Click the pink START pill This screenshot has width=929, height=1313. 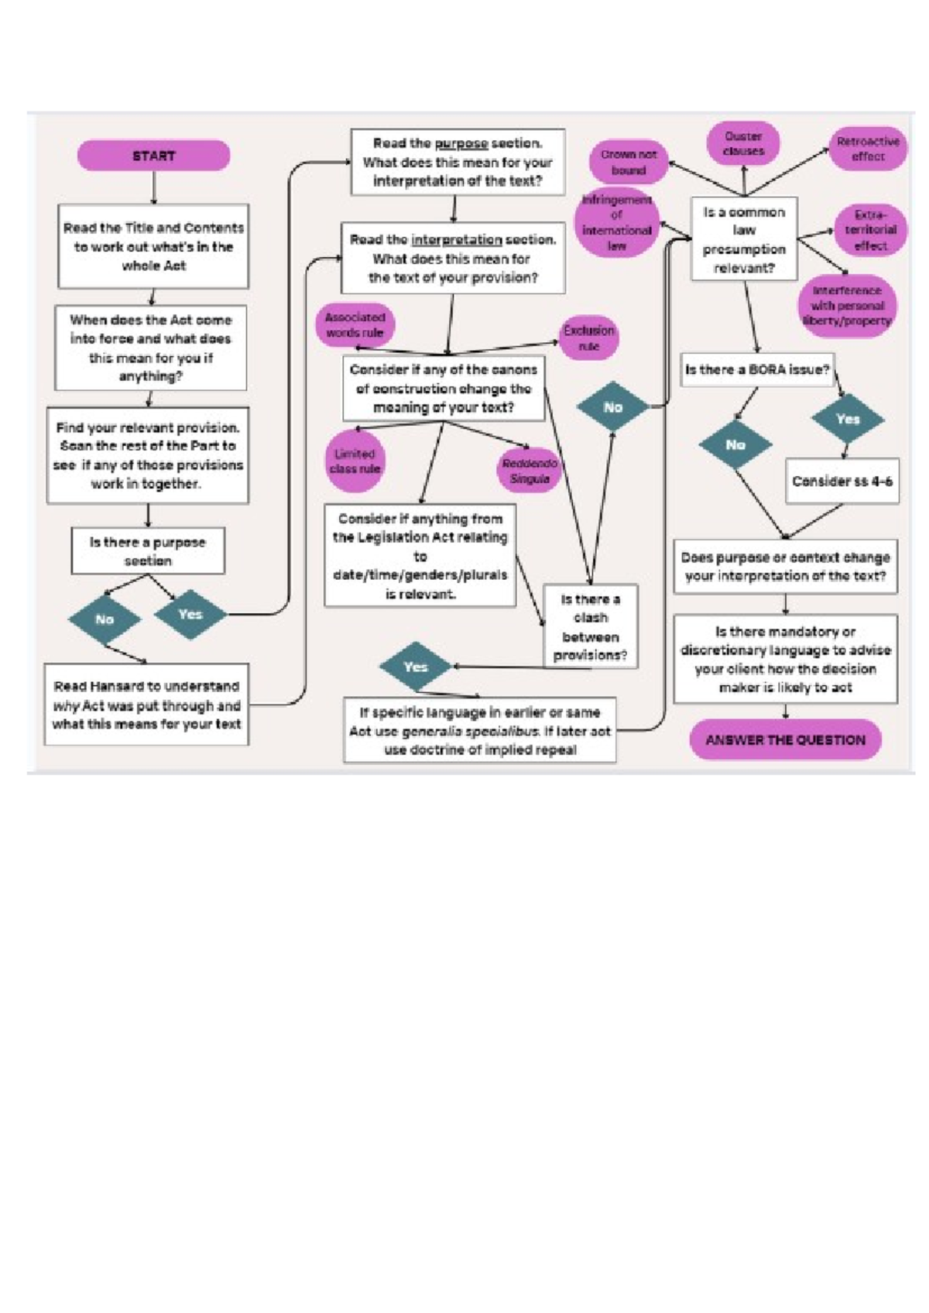click(x=153, y=156)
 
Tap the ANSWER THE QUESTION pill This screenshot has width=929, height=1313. click(x=785, y=739)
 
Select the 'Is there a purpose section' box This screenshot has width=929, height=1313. click(x=147, y=551)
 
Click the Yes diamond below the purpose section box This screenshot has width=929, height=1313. click(x=190, y=614)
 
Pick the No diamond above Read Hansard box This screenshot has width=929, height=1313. click(x=105, y=619)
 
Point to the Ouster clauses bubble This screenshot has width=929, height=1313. click(x=743, y=144)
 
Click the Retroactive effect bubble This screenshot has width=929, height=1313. click(x=868, y=149)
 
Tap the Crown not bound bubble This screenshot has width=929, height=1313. click(x=628, y=162)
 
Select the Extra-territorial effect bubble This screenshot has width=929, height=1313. click(x=870, y=230)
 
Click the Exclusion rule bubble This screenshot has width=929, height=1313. click(x=588, y=338)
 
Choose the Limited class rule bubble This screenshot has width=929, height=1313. click(x=355, y=461)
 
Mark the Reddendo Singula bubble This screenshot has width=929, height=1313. click(x=530, y=471)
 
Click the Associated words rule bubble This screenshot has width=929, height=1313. click(x=355, y=325)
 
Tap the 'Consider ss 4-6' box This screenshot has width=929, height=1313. click(x=842, y=481)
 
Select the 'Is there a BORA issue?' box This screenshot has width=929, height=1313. click(x=756, y=370)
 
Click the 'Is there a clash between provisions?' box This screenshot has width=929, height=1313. click(x=590, y=626)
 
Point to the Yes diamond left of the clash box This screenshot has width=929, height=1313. click(x=416, y=667)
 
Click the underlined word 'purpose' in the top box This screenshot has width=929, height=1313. click(x=461, y=144)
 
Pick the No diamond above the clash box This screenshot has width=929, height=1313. click(x=612, y=407)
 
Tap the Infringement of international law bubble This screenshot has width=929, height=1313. click(x=617, y=223)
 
